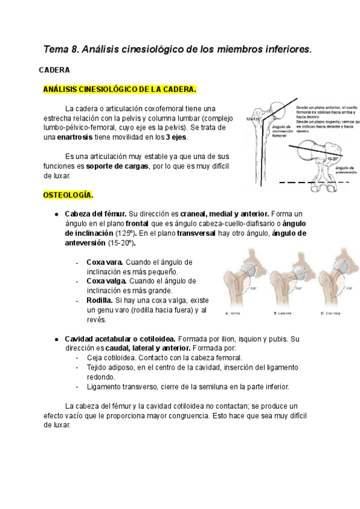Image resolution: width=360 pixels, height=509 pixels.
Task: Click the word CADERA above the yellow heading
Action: coord(55,70)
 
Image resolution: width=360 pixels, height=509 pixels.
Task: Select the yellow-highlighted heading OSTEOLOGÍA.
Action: coord(68,195)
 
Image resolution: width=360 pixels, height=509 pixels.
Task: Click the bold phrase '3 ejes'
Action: coord(175,137)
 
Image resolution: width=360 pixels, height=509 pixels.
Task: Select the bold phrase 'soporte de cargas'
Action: coord(117,166)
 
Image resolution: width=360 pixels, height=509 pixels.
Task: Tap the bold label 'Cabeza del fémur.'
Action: coord(96,214)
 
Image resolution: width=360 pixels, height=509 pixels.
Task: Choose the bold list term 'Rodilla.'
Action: coord(100,300)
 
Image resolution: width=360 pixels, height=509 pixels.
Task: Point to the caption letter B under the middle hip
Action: coord(275,313)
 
